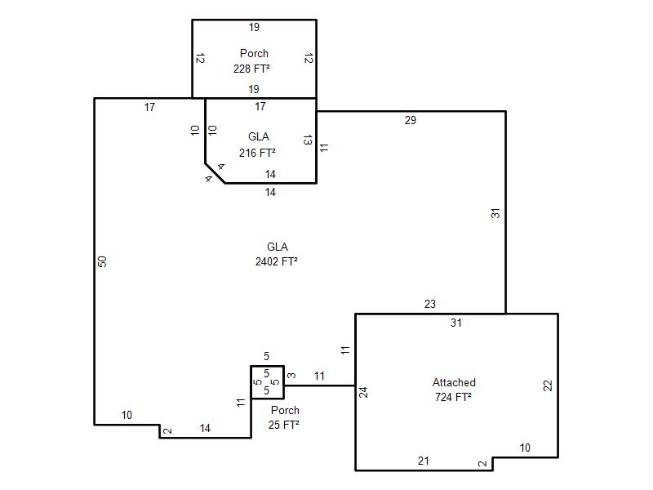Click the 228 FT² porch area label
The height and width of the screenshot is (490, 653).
click(251, 69)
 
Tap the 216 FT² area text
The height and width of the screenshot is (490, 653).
click(257, 153)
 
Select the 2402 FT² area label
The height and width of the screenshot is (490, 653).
click(277, 261)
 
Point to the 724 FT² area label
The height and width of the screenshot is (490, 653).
click(453, 397)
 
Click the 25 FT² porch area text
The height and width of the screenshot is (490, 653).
click(283, 425)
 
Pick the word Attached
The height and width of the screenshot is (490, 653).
click(454, 382)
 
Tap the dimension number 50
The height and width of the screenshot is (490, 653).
click(103, 261)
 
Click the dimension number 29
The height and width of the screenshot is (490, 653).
click(411, 120)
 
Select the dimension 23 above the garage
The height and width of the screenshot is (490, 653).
click(430, 304)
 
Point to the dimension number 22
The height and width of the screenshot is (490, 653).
click(548, 385)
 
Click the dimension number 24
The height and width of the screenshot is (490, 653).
click(363, 393)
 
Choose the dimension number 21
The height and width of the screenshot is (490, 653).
click(424, 461)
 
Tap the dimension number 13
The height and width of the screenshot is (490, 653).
click(308, 140)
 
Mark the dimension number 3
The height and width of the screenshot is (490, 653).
click(292, 376)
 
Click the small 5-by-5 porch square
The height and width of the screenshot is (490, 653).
click(268, 382)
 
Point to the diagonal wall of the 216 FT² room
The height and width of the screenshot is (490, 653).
click(215, 173)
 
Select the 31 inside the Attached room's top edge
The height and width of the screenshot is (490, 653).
click(456, 323)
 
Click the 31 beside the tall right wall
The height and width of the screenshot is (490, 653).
click(495, 213)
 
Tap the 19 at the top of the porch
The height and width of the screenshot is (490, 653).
click(254, 28)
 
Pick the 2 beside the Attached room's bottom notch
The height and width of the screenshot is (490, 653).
click(482, 463)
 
